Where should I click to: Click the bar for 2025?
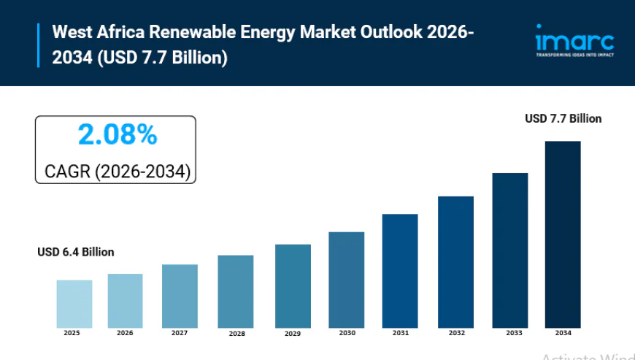point(74,304)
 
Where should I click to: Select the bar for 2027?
point(180,296)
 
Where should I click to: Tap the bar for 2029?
point(293,286)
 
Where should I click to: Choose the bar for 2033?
point(509,250)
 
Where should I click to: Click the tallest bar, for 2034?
point(563,234)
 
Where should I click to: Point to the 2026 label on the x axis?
point(125,333)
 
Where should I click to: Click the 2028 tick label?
point(236,334)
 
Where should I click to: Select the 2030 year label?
point(347,333)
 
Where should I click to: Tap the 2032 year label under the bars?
point(456,333)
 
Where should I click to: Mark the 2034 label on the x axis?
point(563,333)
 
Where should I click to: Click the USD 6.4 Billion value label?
point(76,252)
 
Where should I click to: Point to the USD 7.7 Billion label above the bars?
point(563,118)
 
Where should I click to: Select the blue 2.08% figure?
point(117,134)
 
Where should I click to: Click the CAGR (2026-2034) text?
point(117,172)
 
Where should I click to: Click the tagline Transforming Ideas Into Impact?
point(574,55)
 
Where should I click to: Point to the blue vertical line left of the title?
point(39,45)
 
